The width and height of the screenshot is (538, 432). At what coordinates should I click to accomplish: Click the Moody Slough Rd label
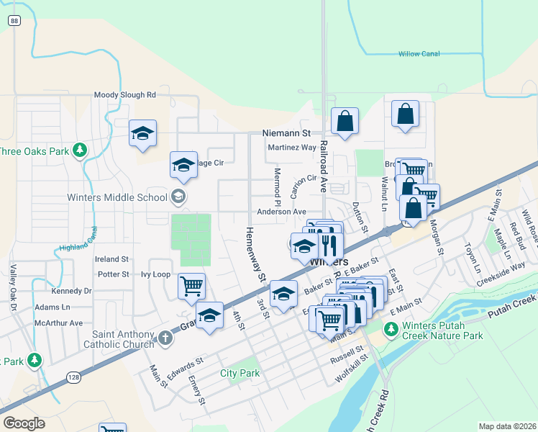click(125, 94)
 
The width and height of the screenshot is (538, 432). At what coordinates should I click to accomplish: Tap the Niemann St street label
click(286, 133)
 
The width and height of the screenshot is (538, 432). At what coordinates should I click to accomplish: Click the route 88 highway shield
click(14, 22)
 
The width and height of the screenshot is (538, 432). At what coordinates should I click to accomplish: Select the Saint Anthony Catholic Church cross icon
click(165, 337)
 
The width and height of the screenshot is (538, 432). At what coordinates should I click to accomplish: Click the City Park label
click(240, 373)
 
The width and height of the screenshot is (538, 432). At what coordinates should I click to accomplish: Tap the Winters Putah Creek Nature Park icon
click(391, 330)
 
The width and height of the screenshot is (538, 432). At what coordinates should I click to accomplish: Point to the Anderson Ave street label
click(282, 212)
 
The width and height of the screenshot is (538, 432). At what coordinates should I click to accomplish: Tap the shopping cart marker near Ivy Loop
click(192, 286)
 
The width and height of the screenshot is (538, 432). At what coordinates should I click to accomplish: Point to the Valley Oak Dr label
click(12, 289)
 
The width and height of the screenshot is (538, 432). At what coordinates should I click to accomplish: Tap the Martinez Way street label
click(291, 148)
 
